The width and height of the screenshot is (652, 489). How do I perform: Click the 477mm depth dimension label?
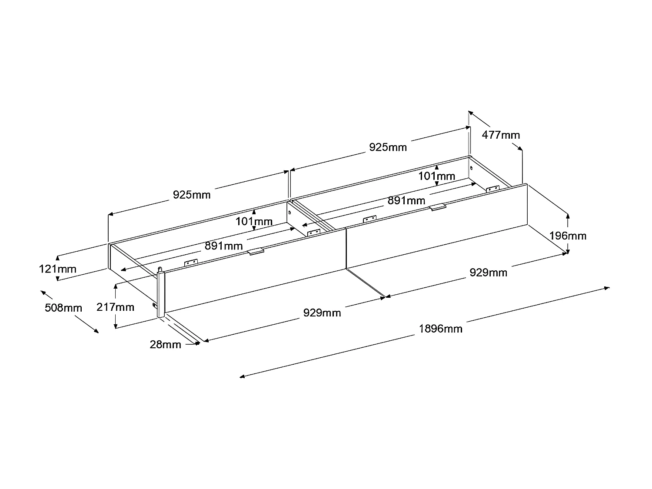[501, 135]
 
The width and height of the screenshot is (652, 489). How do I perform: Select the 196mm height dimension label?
[568, 236]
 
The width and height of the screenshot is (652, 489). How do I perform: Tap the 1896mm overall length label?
[440, 329]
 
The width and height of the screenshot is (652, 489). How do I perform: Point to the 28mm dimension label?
[165, 344]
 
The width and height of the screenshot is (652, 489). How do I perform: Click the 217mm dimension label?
[115, 307]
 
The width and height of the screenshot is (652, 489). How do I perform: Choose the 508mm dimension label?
[63, 308]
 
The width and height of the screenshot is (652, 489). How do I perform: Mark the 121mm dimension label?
[58, 269]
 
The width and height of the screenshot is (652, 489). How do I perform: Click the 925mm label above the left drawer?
[192, 195]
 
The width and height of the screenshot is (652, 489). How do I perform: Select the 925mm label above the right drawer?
[388, 147]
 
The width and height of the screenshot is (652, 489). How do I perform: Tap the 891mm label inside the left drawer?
[224, 246]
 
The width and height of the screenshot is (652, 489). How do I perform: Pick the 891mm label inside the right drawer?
[406, 201]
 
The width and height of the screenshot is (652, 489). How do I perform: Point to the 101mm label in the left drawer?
[254, 222]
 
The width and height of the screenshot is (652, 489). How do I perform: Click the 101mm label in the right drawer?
[437, 176]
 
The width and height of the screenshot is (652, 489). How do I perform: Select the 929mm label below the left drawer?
[322, 313]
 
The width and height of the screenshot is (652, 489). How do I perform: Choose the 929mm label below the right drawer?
[488, 273]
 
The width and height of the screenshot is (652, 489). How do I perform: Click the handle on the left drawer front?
[256, 251]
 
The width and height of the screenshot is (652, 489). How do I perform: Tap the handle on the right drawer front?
[438, 207]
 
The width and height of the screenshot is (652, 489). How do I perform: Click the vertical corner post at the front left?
[161, 293]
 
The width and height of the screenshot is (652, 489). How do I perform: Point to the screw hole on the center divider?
[289, 213]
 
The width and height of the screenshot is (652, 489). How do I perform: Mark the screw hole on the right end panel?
[472, 168]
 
